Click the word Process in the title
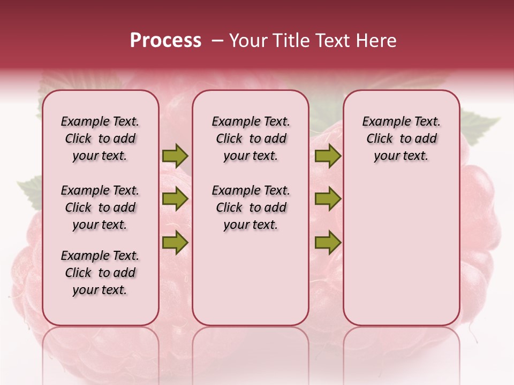coord(165,41)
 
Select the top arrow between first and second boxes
coord(175,156)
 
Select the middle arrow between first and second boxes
coord(175,199)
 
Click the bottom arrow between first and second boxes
coord(175,243)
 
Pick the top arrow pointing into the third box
coord(328,156)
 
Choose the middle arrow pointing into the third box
coord(328,199)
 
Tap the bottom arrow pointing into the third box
coord(328,243)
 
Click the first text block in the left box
coord(100,138)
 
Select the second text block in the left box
coord(100,207)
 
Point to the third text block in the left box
coord(100,273)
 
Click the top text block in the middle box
coord(251,138)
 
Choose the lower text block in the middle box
coord(251,207)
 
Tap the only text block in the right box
coord(402,138)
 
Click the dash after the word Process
coord(217,41)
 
